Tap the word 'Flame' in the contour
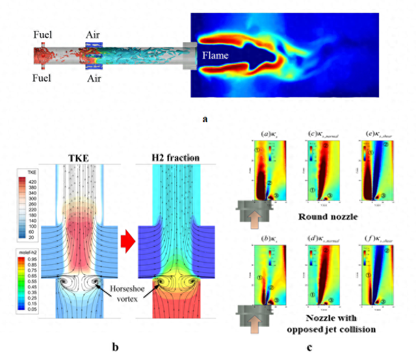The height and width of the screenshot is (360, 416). coord(215,56)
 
